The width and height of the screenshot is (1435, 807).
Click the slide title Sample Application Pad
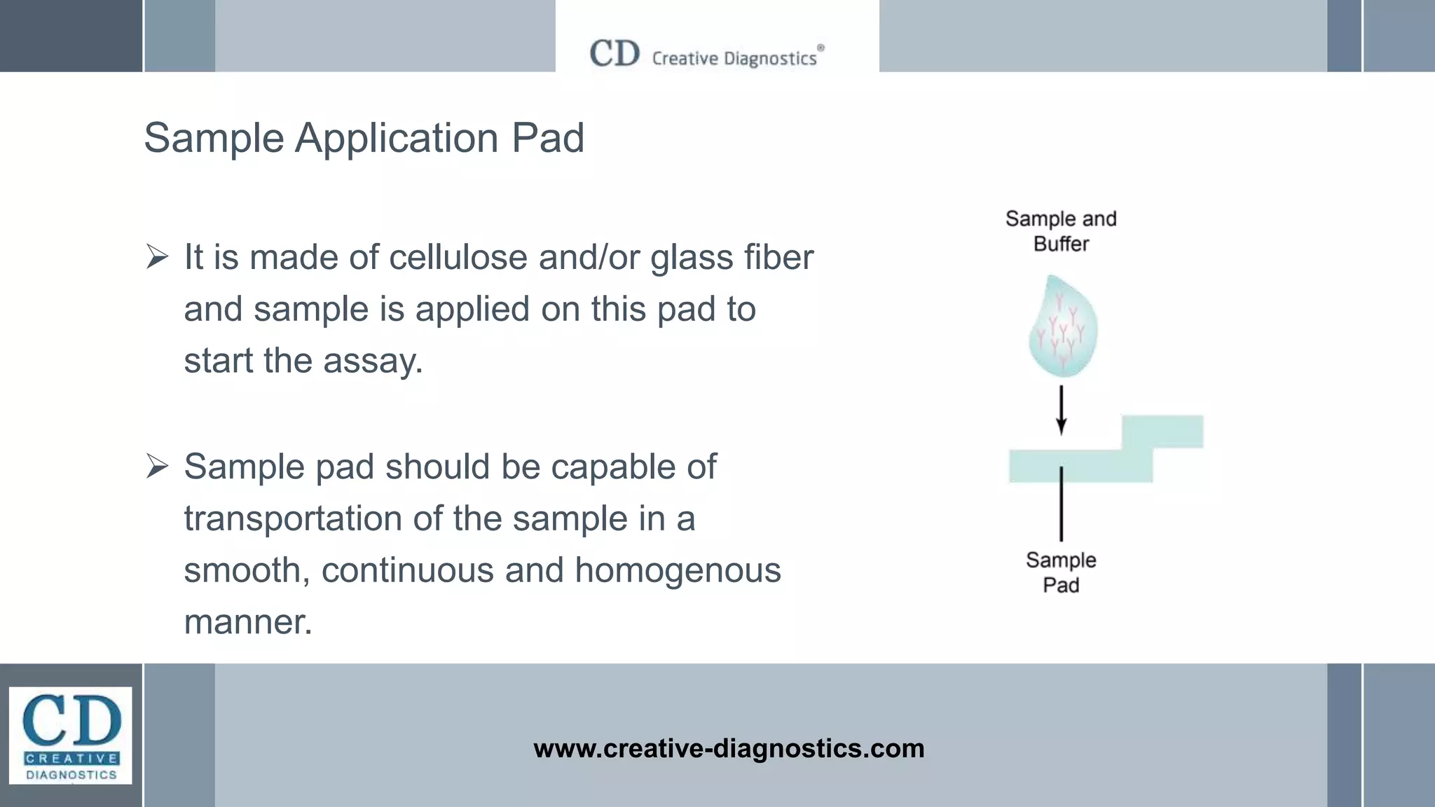click(364, 137)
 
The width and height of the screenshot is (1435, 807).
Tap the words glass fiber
click(732, 257)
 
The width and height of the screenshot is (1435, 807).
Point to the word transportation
click(293, 518)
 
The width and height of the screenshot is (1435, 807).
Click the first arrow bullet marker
click(157, 257)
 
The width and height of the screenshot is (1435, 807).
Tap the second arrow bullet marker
click(157, 466)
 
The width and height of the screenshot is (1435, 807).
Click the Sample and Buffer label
click(1061, 231)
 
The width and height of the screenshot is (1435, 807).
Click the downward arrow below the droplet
click(1062, 411)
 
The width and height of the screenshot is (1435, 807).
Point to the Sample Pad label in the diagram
click(1061, 572)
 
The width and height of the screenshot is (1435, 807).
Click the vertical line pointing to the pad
click(1062, 504)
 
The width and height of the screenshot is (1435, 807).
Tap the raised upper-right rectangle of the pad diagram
click(1163, 431)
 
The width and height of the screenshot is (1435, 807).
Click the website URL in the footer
click(729, 748)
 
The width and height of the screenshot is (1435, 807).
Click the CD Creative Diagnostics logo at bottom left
click(71, 735)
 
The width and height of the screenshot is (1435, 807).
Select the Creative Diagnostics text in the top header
click(734, 58)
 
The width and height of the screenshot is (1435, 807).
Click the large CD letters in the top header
click(614, 54)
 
